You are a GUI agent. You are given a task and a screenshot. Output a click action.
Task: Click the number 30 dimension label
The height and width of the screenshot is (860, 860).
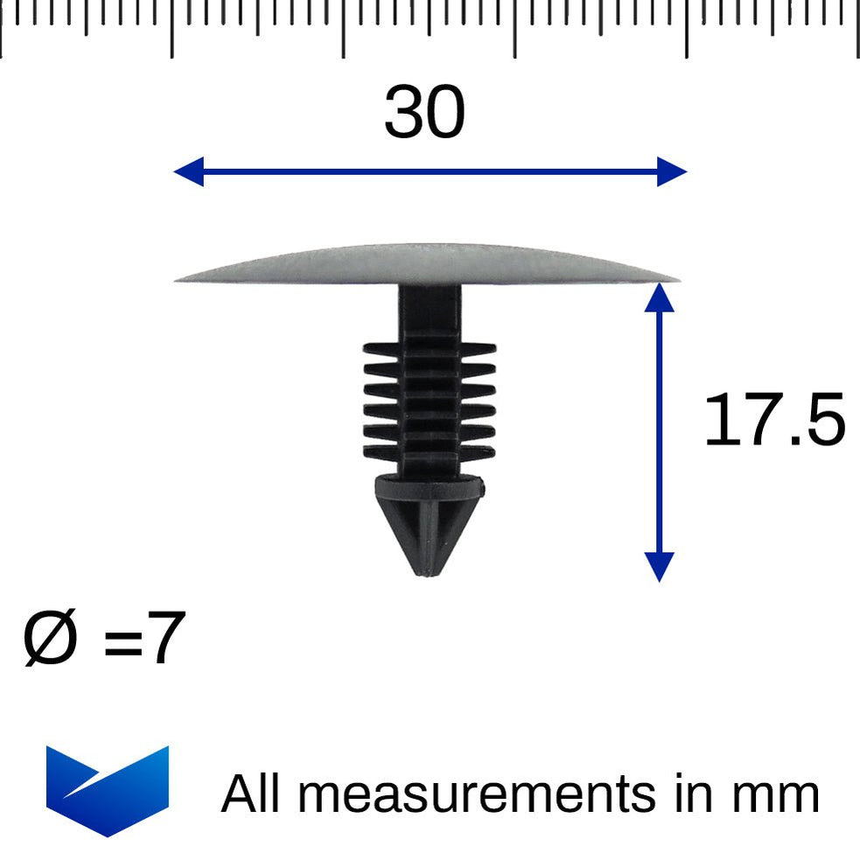pyautogui.click(x=424, y=114)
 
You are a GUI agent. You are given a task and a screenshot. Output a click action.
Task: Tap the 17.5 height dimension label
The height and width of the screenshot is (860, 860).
pyautogui.click(x=774, y=421)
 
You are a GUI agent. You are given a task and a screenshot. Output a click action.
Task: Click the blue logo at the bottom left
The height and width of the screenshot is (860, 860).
pyautogui.click(x=107, y=790)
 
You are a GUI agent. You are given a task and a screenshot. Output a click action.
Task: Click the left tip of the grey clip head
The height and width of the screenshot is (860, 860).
pyautogui.click(x=178, y=279)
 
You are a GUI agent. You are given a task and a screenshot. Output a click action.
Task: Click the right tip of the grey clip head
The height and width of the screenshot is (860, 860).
pyautogui.click(x=675, y=280)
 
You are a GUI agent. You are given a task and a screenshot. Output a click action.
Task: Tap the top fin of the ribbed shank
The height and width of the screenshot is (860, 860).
pyautogui.click(x=429, y=348)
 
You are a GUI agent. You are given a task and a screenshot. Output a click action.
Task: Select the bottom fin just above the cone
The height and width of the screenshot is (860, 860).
pyautogui.click(x=429, y=453)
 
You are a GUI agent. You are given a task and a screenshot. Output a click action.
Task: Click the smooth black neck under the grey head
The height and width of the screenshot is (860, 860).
pyautogui.click(x=429, y=311)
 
